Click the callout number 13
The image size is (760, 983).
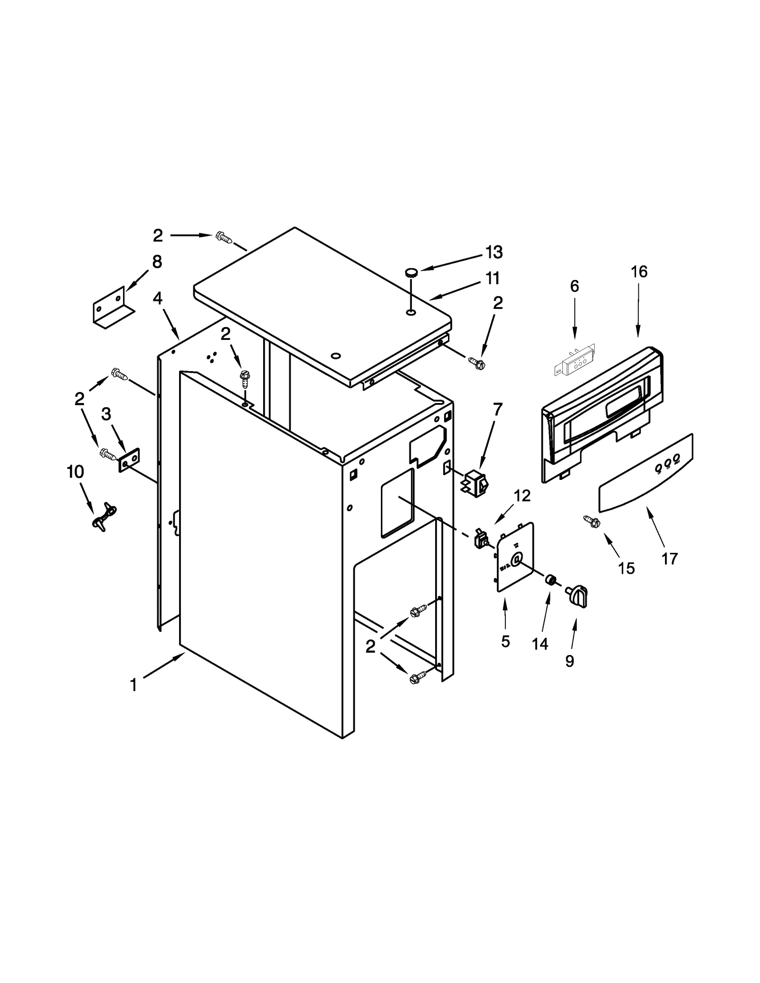click(x=494, y=252)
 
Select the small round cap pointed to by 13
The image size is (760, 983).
click(x=411, y=272)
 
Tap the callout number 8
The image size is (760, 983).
click(x=157, y=262)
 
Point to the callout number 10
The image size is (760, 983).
click(x=76, y=472)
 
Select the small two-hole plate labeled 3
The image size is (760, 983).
click(x=128, y=459)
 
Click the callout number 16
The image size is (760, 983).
click(x=639, y=271)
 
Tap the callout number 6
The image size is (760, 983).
click(x=574, y=286)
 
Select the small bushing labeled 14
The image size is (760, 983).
click(x=551, y=580)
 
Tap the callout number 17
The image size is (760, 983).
click(x=669, y=559)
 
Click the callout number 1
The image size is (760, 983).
click(x=134, y=685)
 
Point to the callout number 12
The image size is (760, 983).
click(x=522, y=496)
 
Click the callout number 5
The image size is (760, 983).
click(x=505, y=641)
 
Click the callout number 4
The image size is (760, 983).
click(x=157, y=298)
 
